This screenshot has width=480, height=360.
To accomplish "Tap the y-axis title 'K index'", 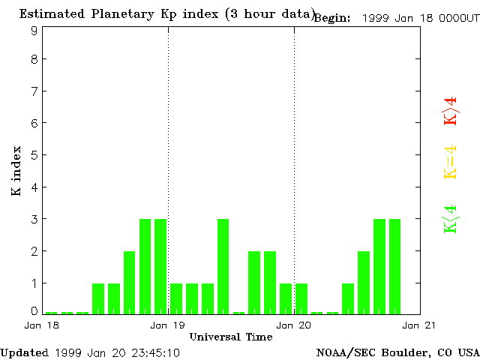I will pyautogui.click(x=16, y=172).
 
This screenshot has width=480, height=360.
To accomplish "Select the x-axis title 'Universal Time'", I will pyautogui.click(x=230, y=337).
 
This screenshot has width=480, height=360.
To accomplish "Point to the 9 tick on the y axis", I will pyautogui.click(x=34, y=31).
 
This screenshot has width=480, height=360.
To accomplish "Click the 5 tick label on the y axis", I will pyautogui.click(x=34, y=155).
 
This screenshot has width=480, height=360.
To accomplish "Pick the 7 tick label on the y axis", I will pyautogui.click(x=34, y=91).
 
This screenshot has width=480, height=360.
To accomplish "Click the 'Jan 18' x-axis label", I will pyautogui.click(x=42, y=325).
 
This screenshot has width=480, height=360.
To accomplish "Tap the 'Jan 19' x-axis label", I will pyautogui.click(x=168, y=325).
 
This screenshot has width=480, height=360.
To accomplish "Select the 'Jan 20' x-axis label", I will pyautogui.click(x=294, y=325).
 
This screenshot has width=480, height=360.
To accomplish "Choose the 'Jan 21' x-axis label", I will pyautogui.click(x=420, y=325).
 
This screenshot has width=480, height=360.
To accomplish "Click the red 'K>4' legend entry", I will pyautogui.click(x=450, y=111).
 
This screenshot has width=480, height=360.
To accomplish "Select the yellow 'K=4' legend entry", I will pyautogui.click(x=450, y=162).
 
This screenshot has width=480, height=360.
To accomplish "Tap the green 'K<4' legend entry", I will pyautogui.click(x=450, y=218).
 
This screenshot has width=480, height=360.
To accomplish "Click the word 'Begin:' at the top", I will pyautogui.click(x=332, y=18).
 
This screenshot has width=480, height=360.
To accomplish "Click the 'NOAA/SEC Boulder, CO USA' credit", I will pyautogui.click(x=397, y=352).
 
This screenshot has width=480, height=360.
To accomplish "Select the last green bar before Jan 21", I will pyautogui.click(x=395, y=266).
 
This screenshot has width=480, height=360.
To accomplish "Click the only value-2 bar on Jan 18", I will pyautogui.click(x=129, y=282).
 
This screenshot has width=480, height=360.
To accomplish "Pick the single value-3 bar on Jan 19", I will pyautogui.click(x=223, y=266).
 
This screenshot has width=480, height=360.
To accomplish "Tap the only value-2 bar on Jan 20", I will pyautogui.click(x=364, y=282).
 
